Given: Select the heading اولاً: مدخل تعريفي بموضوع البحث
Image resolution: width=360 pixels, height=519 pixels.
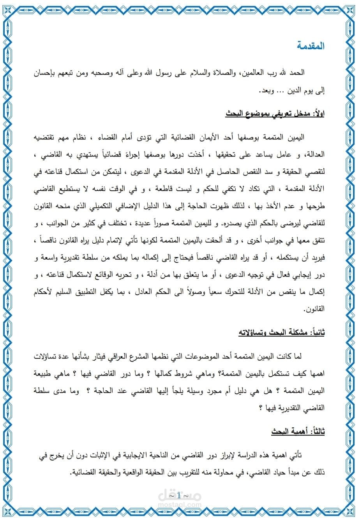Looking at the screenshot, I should [x=275, y=114].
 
